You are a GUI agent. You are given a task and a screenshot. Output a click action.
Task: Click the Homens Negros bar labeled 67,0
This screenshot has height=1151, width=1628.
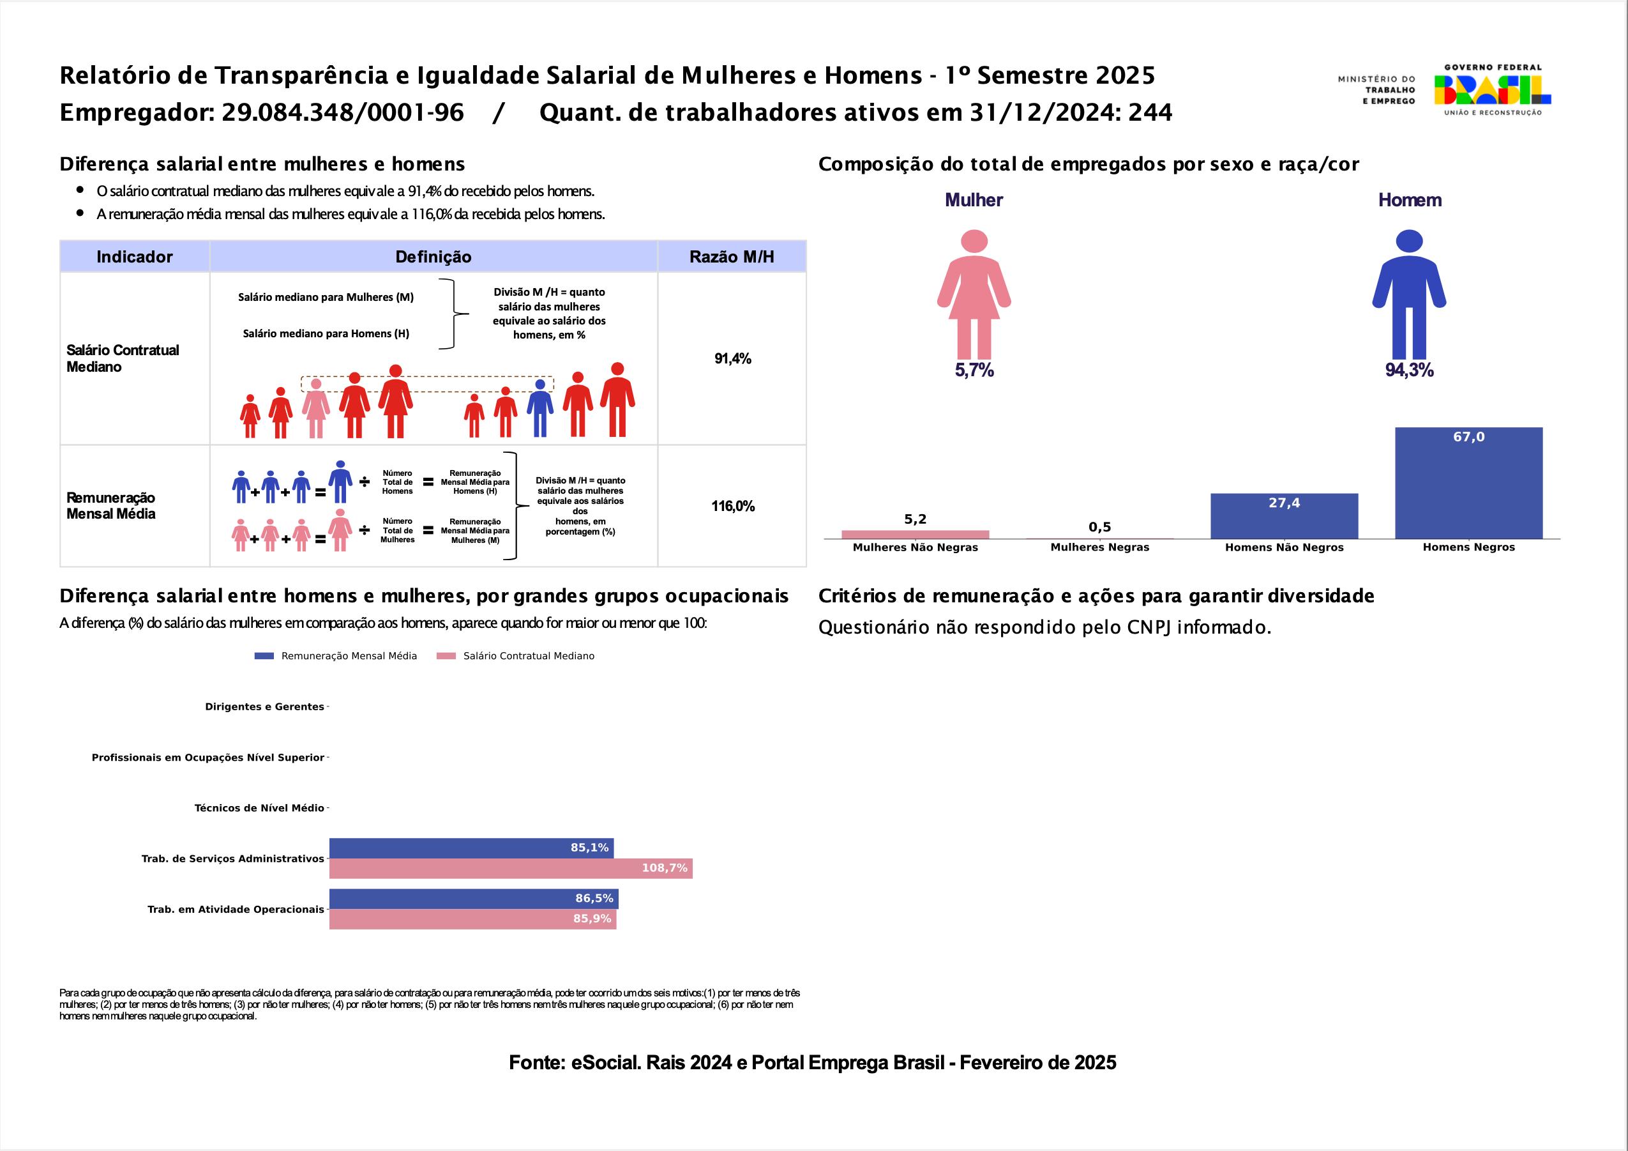tap(1468, 483)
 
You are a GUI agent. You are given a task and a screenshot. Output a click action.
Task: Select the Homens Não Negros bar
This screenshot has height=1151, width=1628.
tap(1283, 516)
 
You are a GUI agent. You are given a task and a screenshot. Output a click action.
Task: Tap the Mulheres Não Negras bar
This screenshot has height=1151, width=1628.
tap(915, 535)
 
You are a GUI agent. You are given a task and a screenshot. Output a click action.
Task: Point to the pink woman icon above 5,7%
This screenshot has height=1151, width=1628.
tap(974, 294)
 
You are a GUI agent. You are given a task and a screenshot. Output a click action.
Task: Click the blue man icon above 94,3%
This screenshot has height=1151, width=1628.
tap(1408, 294)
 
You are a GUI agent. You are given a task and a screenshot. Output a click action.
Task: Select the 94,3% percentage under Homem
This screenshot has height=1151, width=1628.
tap(1409, 370)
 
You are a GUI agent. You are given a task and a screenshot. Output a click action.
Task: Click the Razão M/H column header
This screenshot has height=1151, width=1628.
tap(731, 257)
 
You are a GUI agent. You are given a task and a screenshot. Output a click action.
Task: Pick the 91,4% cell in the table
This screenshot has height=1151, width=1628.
tap(732, 359)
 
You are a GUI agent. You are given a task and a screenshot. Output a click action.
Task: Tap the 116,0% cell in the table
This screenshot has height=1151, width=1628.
tap(732, 507)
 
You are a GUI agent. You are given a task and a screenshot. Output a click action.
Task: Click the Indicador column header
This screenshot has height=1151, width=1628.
tap(135, 257)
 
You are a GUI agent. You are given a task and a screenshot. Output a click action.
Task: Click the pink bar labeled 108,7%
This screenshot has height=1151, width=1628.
tap(511, 869)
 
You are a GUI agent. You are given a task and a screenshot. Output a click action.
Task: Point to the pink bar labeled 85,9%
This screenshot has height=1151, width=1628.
tap(472, 919)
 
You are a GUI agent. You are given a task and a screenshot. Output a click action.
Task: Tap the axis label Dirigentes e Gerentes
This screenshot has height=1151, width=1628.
tap(264, 707)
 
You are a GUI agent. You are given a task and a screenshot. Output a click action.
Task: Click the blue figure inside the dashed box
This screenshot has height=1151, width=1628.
tap(539, 409)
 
